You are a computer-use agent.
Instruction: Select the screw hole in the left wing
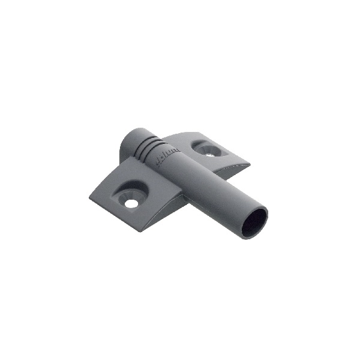coord(131,203)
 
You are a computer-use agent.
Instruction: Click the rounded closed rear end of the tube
coord(129,143)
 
